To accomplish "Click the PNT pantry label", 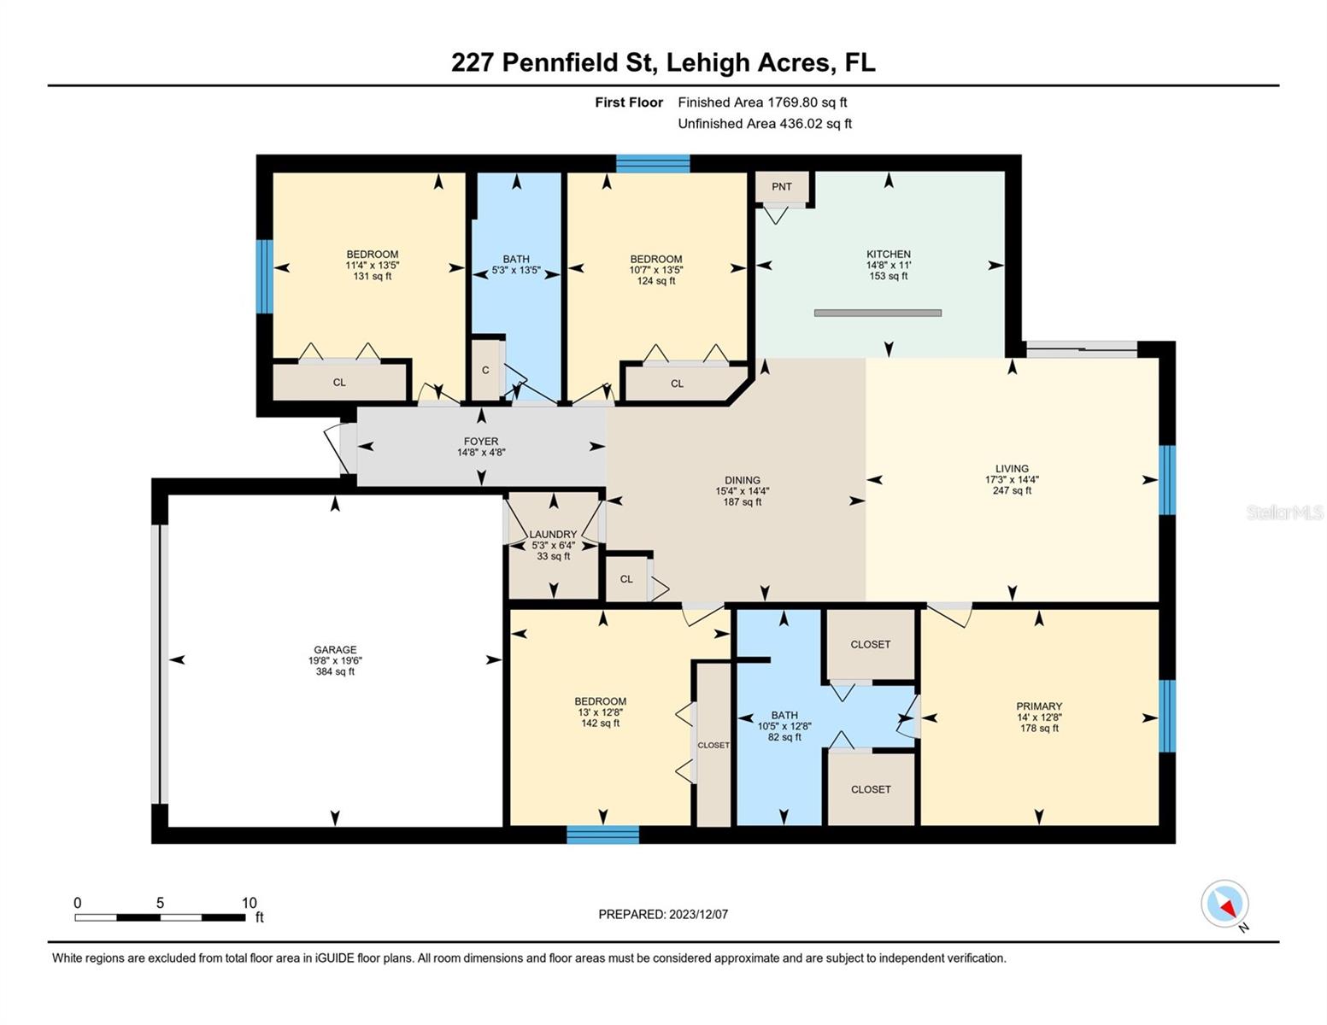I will point(781,186).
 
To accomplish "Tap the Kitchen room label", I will point(888,255).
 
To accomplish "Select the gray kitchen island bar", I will point(878,313).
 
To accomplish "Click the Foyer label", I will point(481,442).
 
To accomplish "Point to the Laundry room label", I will point(553,535).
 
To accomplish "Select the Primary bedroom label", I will point(1039,706).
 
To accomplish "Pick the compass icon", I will point(1224,904).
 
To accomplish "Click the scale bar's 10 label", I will point(249,903).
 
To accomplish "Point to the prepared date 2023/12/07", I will point(698,914).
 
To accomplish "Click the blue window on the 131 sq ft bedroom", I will point(265,276).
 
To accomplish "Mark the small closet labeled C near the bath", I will point(485,370).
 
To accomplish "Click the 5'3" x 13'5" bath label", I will point(516,270).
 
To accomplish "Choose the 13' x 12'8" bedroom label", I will point(600,712).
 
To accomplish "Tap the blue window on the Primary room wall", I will point(1166,715).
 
